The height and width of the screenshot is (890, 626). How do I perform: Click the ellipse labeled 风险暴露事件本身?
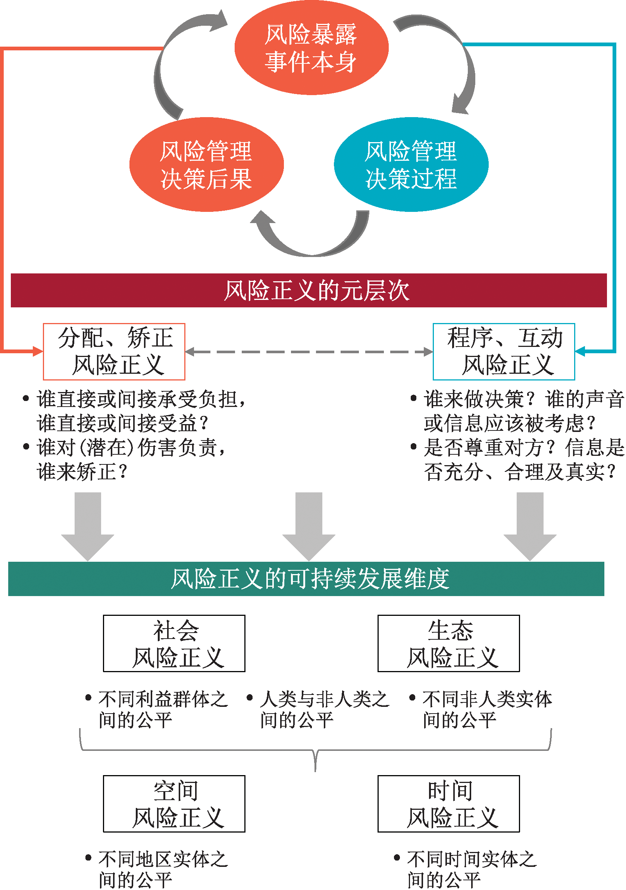(311, 48)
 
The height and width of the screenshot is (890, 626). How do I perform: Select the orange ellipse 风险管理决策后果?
(207, 164)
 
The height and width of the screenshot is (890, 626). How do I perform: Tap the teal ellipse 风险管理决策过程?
(411, 164)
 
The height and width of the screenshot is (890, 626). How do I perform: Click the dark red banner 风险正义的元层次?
(309, 290)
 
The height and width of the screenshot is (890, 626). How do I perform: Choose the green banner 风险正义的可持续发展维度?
(306, 579)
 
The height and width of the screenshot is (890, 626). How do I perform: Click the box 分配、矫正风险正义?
(114, 352)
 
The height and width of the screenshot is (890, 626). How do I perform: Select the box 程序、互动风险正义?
(504, 352)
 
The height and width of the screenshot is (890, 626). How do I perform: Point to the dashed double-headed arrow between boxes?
(309, 352)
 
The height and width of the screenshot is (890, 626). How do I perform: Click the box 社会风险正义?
(174, 643)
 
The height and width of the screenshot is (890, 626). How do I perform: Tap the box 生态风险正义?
(449, 643)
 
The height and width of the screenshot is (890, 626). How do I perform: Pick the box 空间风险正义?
(174, 804)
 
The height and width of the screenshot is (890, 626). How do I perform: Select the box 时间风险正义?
(449, 804)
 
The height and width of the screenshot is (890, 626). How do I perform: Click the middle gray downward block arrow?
(309, 526)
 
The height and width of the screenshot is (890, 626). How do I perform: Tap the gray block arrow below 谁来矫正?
(88, 526)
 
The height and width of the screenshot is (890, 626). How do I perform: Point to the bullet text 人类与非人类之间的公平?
(318, 710)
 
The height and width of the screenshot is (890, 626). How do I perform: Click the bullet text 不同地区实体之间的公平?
(157, 870)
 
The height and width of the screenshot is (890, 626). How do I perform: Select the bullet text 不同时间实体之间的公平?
(465, 870)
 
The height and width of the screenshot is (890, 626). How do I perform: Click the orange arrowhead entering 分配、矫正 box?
(38, 352)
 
